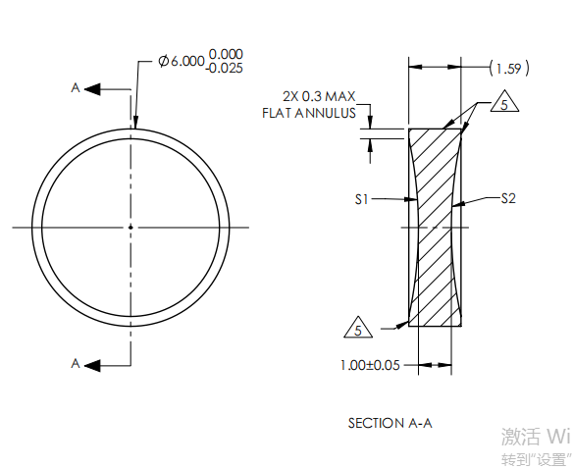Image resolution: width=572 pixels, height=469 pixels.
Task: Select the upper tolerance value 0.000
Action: [x=226, y=54]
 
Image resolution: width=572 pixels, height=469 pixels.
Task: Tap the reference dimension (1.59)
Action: [x=508, y=68]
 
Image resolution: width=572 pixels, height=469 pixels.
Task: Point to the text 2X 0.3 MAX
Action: [x=317, y=96]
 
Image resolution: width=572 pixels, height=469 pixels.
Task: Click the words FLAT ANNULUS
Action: [x=308, y=113]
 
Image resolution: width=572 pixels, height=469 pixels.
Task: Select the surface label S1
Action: [x=361, y=199]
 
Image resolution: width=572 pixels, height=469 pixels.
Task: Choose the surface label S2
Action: [x=507, y=199]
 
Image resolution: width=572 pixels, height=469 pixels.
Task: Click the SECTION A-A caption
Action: [x=390, y=423]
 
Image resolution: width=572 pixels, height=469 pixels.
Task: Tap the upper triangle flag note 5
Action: [x=500, y=105]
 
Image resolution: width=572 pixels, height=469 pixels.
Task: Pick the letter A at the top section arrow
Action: [x=75, y=88]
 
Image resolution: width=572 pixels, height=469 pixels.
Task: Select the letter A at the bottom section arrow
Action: [x=75, y=363]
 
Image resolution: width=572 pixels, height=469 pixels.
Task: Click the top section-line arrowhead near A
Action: [x=92, y=89]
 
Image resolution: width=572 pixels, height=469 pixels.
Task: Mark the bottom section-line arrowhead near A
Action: [x=92, y=364]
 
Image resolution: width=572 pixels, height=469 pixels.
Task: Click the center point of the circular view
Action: [x=130, y=227]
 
